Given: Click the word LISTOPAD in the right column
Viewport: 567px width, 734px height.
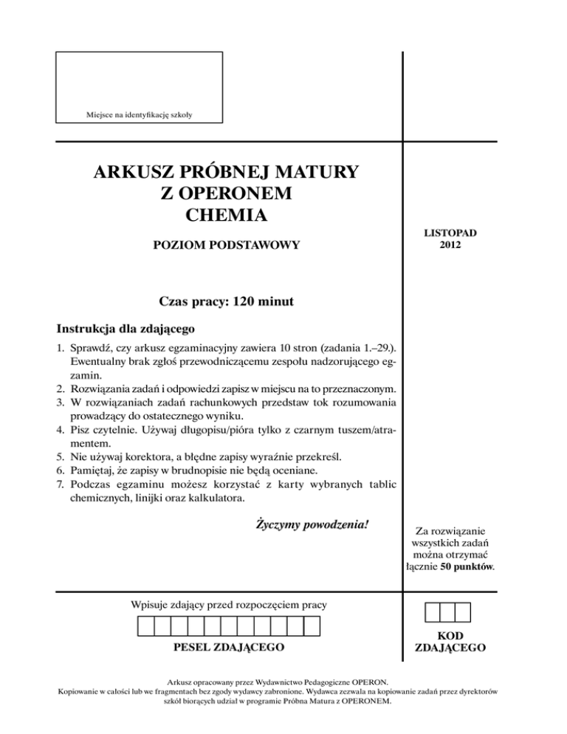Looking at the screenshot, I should pos(450,233).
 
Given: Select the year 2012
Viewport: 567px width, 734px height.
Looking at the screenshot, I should pos(450,244).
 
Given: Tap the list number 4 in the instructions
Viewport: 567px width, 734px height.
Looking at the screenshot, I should pos(61,428).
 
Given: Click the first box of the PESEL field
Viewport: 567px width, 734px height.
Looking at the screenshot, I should pos(146,627).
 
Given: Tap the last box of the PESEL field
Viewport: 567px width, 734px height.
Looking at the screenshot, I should pos(312,627).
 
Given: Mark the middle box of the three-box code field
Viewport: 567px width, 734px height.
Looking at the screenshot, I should pos(448,612).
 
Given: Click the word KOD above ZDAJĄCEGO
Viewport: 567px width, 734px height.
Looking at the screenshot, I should pos(450,636).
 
